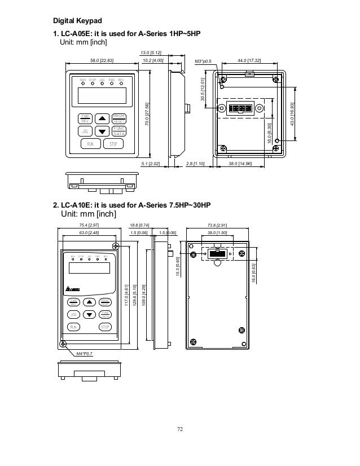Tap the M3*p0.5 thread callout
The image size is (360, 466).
point(203,60)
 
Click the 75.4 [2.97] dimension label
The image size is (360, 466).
point(89,225)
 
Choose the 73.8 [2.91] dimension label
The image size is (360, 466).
point(218,225)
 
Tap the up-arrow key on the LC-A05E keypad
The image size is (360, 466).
point(102,118)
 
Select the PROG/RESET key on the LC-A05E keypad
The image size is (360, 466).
point(118,118)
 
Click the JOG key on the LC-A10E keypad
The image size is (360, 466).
point(73,314)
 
